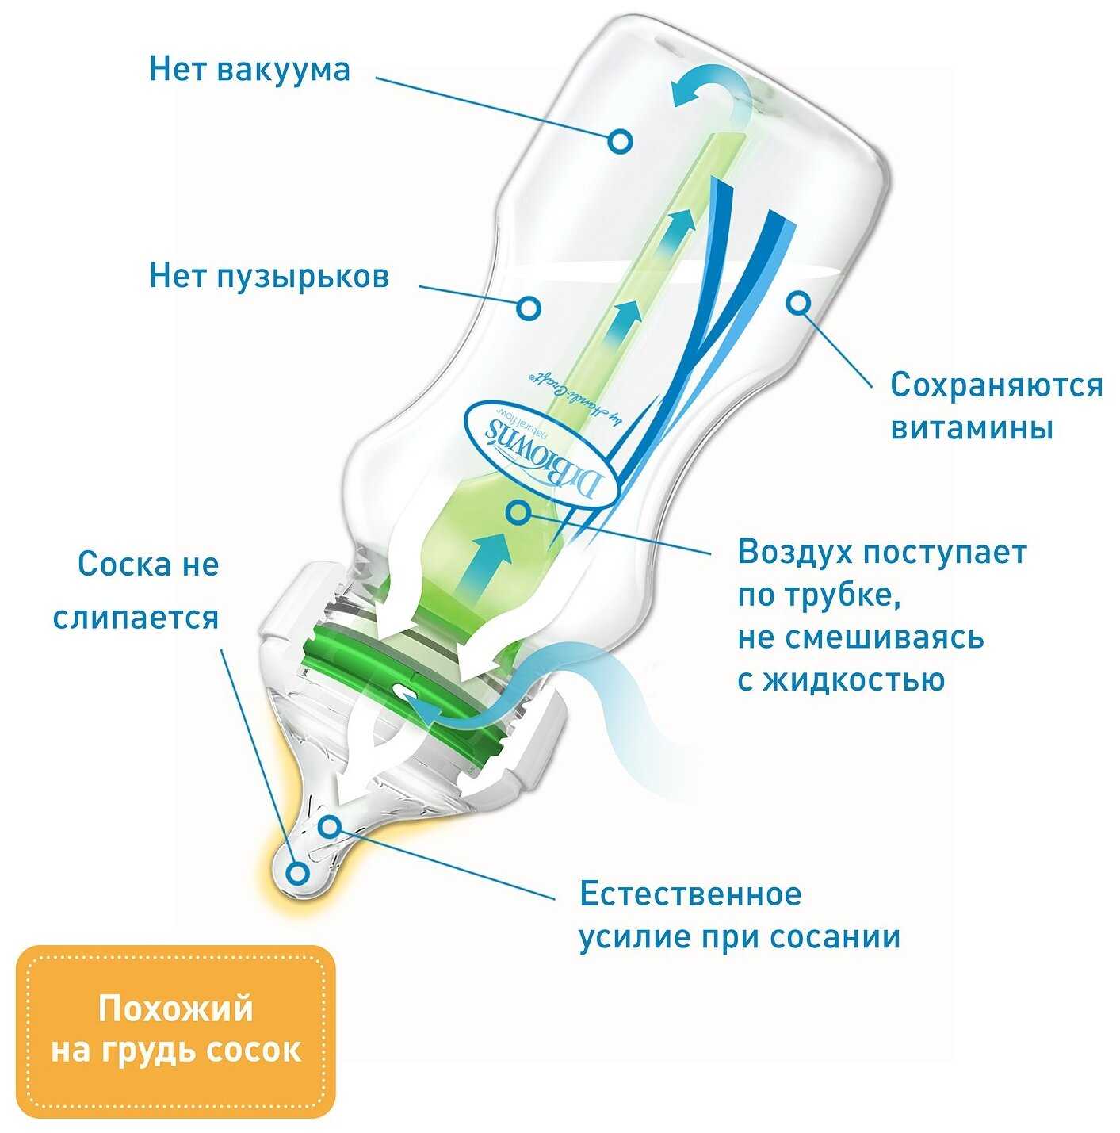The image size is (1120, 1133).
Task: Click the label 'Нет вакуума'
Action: click(249, 70)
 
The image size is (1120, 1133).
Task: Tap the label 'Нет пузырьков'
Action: click(269, 277)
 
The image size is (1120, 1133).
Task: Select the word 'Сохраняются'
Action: click(996, 385)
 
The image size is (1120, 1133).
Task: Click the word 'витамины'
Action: click(971, 429)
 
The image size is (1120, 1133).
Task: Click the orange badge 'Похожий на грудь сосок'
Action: click(176, 1030)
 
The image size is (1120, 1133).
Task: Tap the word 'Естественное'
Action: click(690, 894)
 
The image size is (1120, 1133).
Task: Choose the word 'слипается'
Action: click(136, 618)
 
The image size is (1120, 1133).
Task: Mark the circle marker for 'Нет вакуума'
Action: click(621, 141)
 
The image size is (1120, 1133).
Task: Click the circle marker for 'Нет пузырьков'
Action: click(529, 307)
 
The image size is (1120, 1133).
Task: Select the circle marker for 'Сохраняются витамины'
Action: click(798, 302)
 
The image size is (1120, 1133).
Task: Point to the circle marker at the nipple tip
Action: click(298, 874)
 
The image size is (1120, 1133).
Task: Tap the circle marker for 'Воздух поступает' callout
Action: click(518, 512)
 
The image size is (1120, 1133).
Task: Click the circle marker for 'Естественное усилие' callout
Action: click(331, 827)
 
